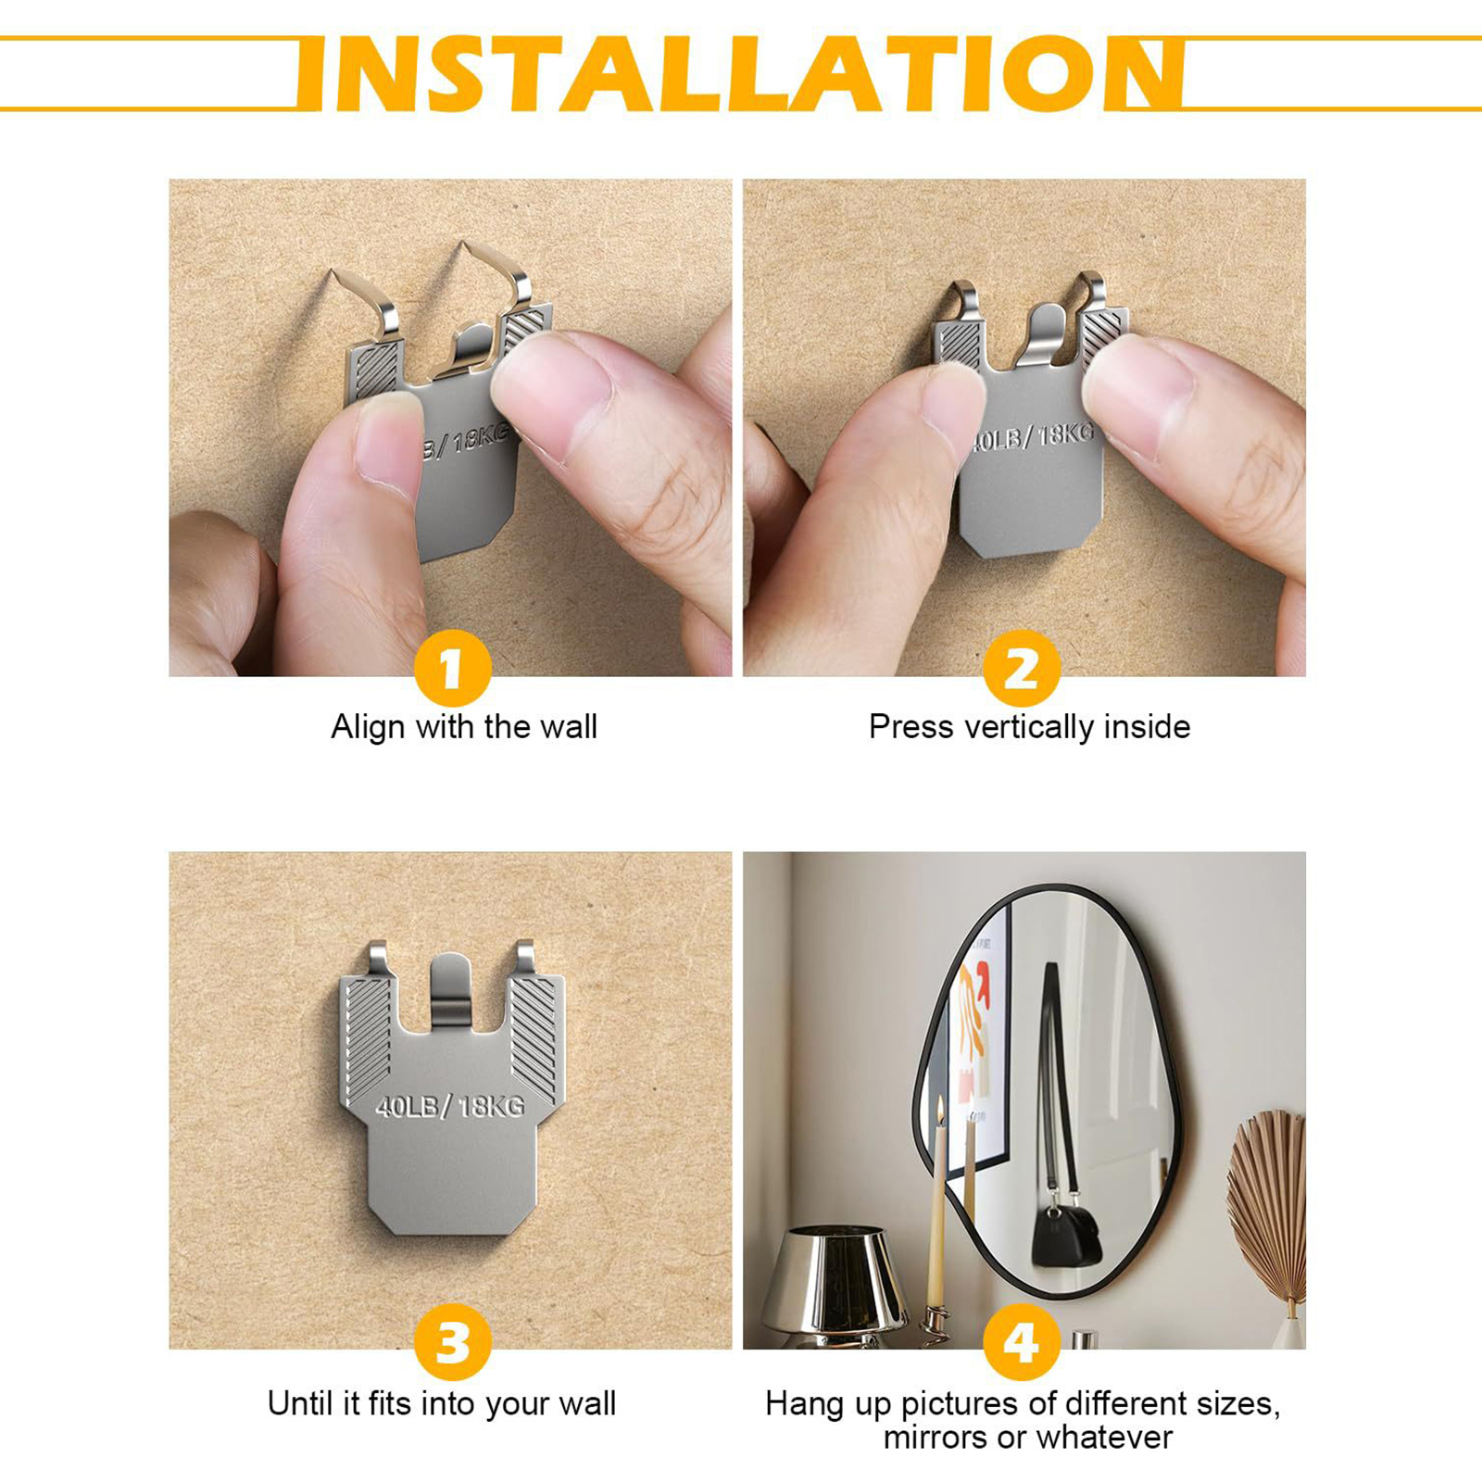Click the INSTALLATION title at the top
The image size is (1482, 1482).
tap(740, 74)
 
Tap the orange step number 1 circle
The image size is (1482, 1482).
tap(452, 668)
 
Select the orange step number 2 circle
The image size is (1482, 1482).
tap(1022, 668)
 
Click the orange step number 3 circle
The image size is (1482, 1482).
tap(452, 1342)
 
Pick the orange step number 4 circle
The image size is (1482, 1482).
tap(1022, 1342)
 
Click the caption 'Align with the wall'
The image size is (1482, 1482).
tap(464, 727)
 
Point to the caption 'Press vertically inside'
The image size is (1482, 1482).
tap(1029, 727)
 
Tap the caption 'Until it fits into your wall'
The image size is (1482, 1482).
tap(442, 1403)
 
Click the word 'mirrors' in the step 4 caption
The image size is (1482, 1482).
tap(936, 1438)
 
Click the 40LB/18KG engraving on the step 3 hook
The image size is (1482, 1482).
tap(450, 1106)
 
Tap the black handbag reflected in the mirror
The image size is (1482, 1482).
tap(1066, 1237)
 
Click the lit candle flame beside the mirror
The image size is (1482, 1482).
tap(940, 1109)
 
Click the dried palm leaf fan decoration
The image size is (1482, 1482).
tap(1266, 1204)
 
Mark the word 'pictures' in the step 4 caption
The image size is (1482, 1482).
tap(960, 1404)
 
